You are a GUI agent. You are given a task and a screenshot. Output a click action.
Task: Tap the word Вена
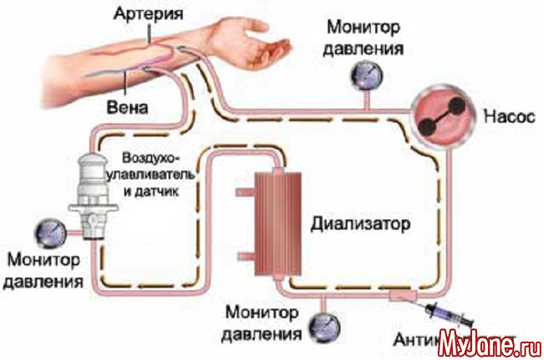(129, 108)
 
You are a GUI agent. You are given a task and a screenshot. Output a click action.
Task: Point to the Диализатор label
(362, 224)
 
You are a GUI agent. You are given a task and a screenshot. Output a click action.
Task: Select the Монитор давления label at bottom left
(42, 269)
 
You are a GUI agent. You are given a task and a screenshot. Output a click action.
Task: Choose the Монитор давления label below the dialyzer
(262, 326)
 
